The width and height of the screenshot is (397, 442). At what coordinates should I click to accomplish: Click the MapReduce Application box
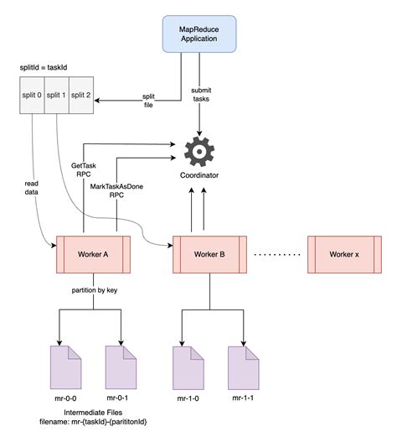(x=200, y=34)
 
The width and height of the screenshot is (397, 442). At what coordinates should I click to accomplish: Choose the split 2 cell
(x=80, y=96)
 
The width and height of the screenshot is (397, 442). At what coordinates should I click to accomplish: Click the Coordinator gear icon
(x=199, y=151)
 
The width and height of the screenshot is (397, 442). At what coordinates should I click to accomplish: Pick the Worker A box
(x=91, y=254)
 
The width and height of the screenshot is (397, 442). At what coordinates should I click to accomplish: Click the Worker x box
(x=344, y=254)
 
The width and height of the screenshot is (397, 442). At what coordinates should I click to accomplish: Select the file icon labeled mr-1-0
(x=187, y=365)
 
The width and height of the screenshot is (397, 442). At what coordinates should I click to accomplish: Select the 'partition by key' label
(x=91, y=291)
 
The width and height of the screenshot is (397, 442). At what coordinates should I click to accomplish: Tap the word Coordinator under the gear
(x=199, y=175)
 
